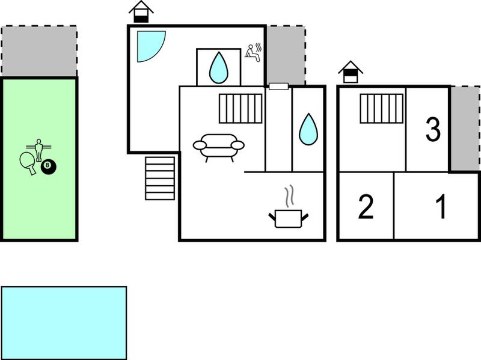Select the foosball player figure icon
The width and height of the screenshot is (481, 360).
38,149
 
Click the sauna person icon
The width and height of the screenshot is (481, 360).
253,53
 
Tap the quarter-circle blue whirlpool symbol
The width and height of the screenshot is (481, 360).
149,44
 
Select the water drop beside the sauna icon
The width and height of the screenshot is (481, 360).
218,68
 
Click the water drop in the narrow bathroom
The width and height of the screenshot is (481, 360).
308,129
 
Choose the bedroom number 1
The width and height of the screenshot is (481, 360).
441,207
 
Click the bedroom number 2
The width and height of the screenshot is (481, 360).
366,207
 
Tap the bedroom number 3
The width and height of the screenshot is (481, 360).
433,129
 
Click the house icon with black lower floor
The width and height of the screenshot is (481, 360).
141,11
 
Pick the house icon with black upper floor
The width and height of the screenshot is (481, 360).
351,72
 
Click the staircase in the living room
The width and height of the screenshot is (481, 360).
240,109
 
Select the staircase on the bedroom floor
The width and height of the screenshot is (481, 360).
381,109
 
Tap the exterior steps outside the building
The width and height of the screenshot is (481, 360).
160,178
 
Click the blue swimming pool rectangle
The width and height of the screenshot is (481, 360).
64,323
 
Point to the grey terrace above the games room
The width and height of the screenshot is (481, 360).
39,51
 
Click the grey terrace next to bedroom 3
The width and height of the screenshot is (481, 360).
465,129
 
